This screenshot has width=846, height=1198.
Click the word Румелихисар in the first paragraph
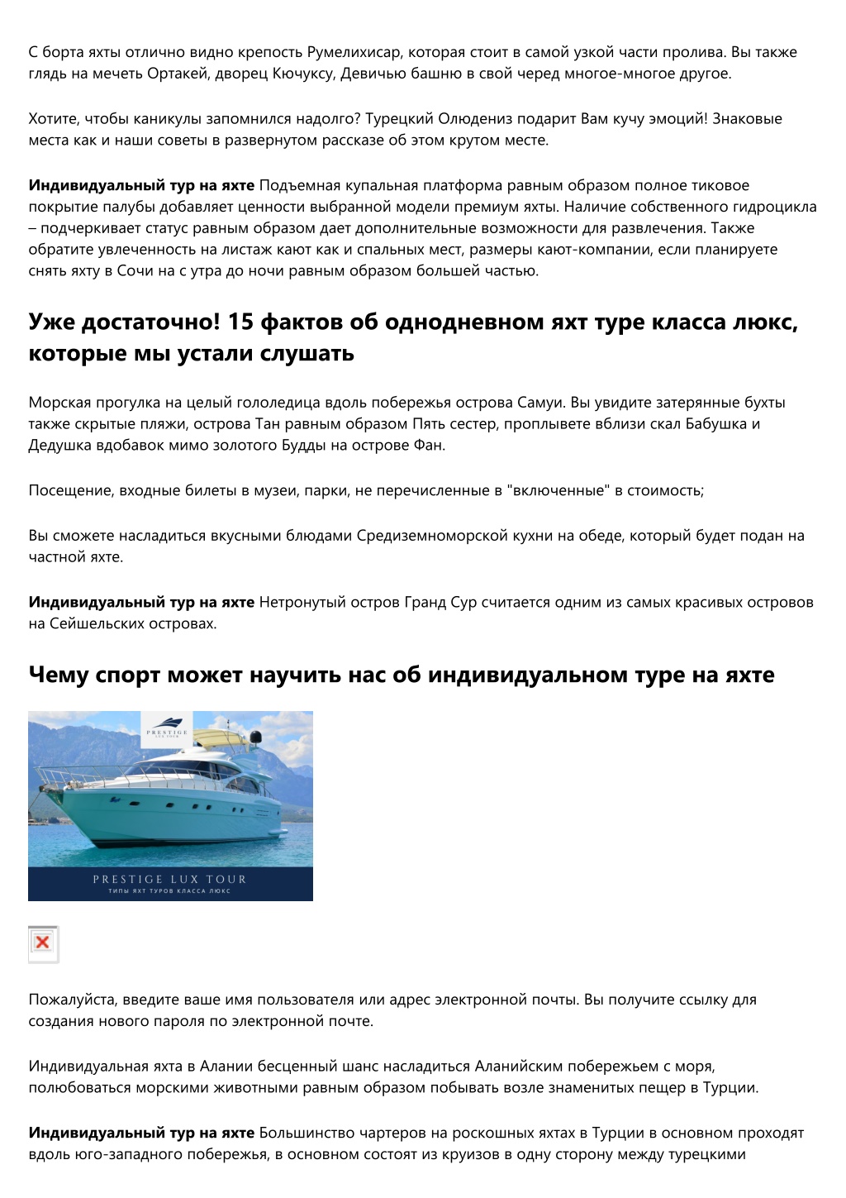click(355, 52)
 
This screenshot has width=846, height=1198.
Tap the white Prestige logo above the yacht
click(167, 727)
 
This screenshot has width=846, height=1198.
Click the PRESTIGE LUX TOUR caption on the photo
click(169, 879)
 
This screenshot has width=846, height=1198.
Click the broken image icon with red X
click(43, 943)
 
